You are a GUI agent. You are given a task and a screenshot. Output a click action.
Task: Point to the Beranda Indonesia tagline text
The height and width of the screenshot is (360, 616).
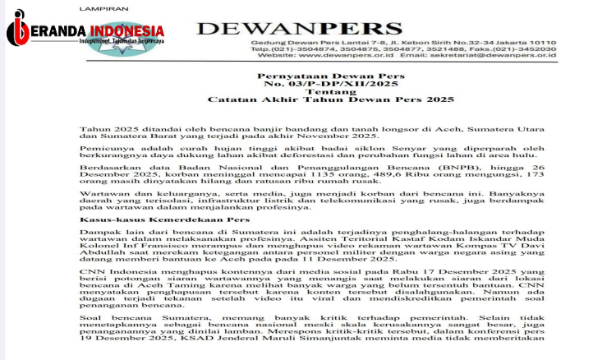pos(100,40)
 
